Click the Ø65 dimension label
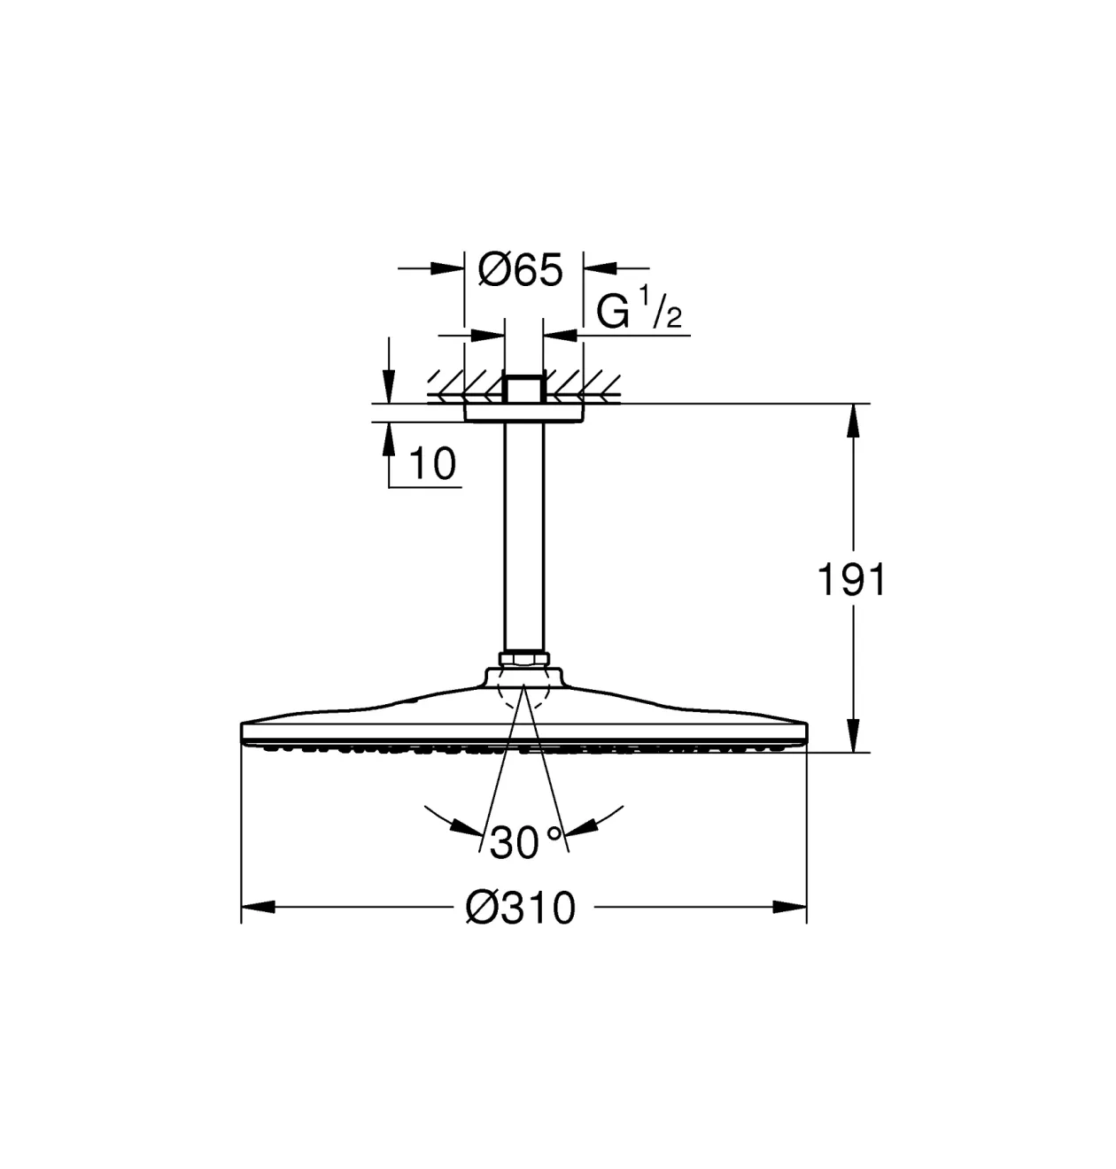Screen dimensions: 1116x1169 click(520, 270)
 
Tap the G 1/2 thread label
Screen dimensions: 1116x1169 click(639, 308)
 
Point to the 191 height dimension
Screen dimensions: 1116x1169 click(852, 580)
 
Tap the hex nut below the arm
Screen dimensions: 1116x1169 click(523, 659)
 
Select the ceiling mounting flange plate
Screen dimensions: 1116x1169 click(523, 413)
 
